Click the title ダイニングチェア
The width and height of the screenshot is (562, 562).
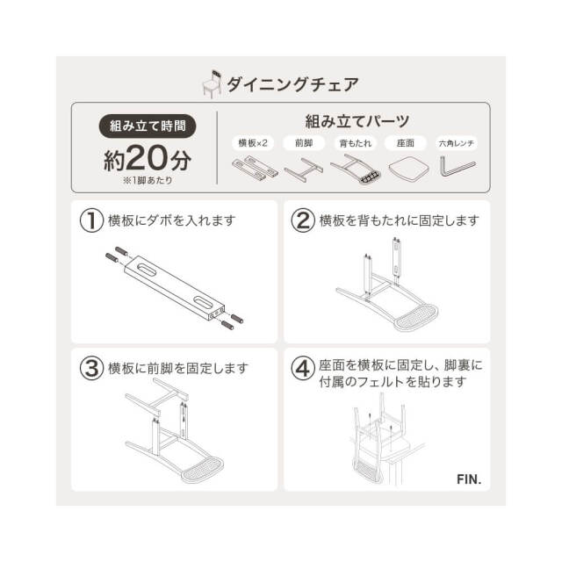tap(292, 84)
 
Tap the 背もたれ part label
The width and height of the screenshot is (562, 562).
tap(354, 142)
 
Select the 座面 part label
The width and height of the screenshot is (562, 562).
tap(405, 142)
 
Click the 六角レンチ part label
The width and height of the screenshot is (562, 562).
tap(457, 142)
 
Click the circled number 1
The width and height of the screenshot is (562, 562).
tap(91, 221)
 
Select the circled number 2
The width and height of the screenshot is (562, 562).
tap(302, 221)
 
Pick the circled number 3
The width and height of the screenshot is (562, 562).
tap(91, 369)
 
